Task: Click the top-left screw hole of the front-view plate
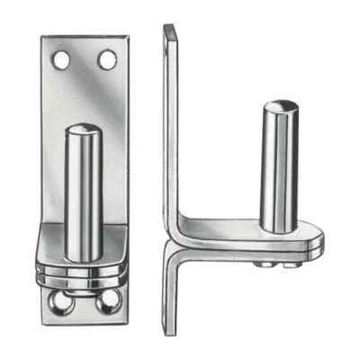coord(62,60)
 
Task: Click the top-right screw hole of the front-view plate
coord(107,60)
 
